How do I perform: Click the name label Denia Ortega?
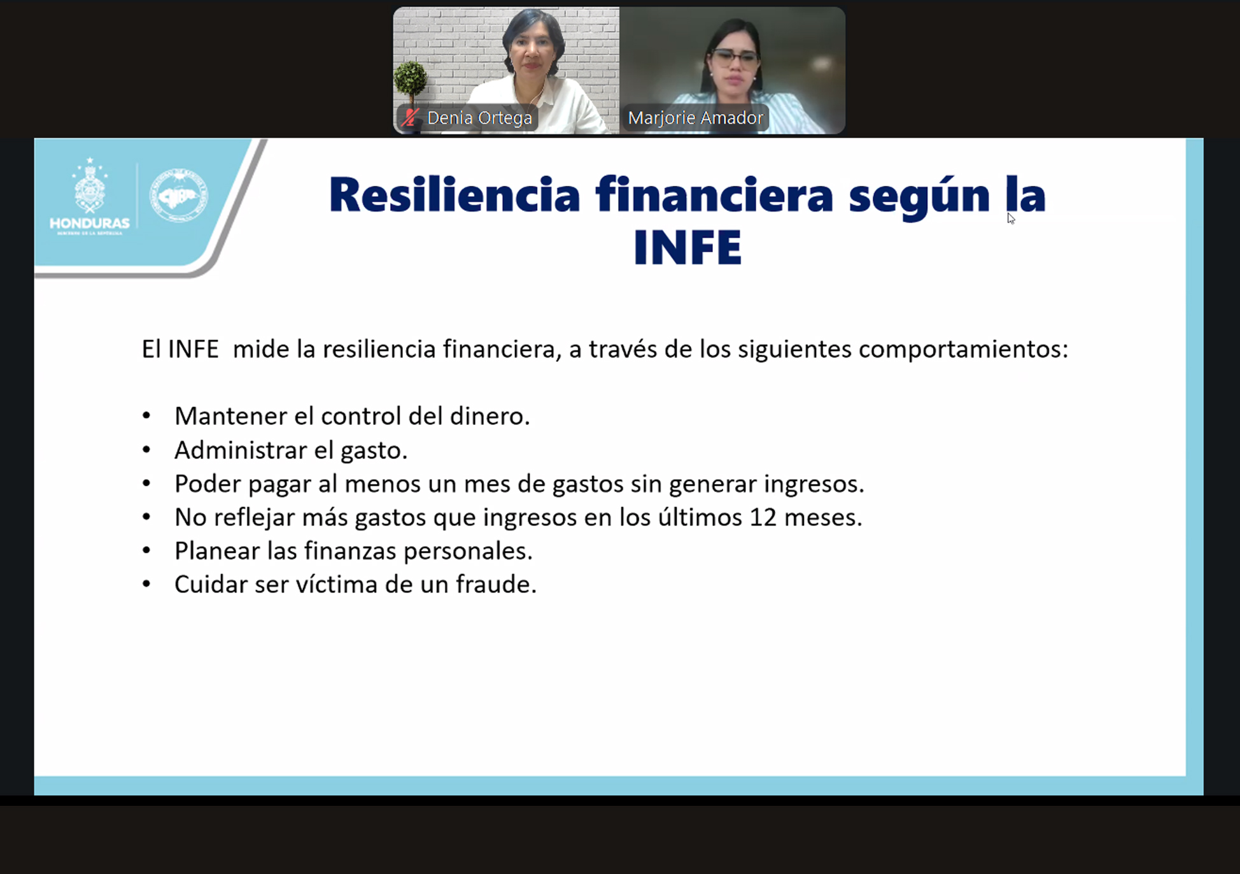479,118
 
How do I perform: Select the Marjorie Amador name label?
695,118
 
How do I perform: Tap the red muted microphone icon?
410,118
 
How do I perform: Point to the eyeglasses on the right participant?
735,59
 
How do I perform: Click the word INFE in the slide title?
687,247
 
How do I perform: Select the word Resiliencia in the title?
454,194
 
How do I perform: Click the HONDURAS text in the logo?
90,224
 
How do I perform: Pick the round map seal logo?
178,196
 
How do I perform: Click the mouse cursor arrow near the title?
1011,218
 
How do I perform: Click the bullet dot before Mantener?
146,416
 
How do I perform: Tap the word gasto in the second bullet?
374,451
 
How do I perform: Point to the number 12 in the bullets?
763,517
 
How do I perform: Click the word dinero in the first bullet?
490,416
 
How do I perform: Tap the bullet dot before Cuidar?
146,584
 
